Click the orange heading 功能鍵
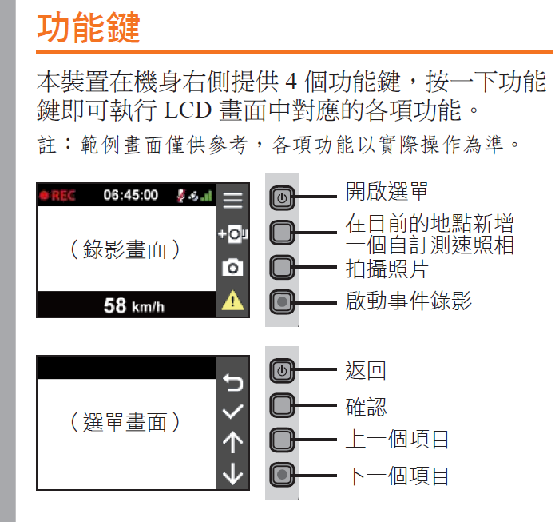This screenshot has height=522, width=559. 89,27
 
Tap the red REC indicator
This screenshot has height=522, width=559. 57,196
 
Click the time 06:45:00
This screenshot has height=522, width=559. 130,195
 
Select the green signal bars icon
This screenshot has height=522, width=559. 207,196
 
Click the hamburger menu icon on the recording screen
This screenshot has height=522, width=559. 232,201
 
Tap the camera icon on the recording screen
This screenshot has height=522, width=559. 233,267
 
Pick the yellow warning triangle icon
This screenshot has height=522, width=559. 233,300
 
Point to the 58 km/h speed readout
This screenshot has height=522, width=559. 133,306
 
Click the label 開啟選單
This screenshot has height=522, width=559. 387,191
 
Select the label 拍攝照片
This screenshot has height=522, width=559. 387,269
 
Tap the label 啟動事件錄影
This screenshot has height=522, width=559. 409,301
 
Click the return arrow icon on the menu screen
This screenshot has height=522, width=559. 233,382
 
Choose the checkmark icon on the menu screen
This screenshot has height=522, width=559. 233,412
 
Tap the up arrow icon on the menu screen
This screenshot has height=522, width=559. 233,442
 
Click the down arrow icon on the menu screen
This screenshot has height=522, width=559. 233,473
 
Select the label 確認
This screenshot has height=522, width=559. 366,406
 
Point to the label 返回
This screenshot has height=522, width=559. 366,370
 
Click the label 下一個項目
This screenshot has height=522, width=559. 397,476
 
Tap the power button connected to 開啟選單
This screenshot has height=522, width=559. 282,197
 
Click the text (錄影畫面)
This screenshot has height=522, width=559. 125,249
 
